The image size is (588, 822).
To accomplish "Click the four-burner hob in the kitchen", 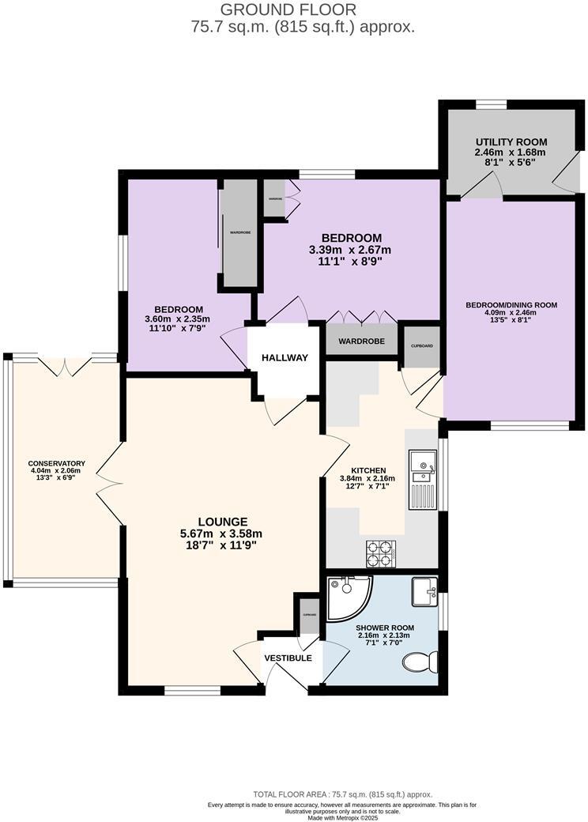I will tap(380, 552).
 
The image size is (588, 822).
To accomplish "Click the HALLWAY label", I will tap(285, 358).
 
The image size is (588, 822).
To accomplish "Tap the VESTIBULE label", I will tap(288, 658).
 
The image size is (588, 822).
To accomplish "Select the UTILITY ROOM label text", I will tap(511, 142).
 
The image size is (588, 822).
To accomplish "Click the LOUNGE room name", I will tap(223, 522).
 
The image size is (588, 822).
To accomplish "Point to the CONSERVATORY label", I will tap(57, 464).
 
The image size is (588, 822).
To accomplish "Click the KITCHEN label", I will tap(368, 470).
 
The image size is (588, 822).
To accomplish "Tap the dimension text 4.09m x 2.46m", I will tap(511, 312).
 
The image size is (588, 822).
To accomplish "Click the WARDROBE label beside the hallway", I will tap(361, 341).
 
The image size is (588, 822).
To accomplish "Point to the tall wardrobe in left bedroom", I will tap(239, 233).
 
